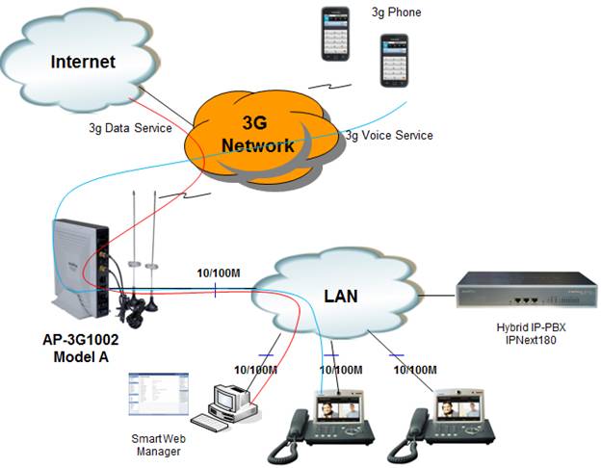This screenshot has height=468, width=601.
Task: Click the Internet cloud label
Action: pos(83,62)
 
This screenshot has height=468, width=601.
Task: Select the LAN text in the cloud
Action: pos(341,297)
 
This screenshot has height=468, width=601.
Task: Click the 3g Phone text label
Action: pos(396,13)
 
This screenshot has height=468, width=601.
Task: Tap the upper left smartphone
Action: pos(335,34)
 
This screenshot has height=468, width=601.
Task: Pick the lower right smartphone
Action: pos(394,61)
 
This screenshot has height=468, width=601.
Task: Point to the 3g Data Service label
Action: pos(130,128)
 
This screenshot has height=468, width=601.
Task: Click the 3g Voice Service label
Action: pos(389,136)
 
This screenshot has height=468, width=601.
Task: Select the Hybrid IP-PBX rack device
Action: pos(527,290)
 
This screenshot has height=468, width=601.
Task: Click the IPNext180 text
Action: pos(531,340)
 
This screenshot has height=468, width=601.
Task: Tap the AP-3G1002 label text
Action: pos(81,340)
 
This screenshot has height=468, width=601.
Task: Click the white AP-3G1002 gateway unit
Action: pos(81,269)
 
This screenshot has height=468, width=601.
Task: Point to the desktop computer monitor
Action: pos(226,399)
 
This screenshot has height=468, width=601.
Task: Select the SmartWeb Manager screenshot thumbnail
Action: pos(159,394)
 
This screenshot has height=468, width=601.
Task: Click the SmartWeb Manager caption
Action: pos(158,445)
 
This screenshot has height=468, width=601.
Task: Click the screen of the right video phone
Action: pos(459,408)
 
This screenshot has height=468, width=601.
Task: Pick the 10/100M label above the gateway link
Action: pos(219,273)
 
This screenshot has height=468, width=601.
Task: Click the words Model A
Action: pos(81,357)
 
